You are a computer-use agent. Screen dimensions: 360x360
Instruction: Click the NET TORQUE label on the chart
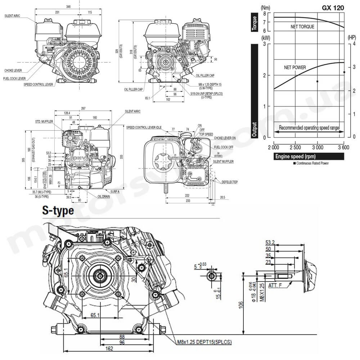302,27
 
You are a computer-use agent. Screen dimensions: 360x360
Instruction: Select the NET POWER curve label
295,67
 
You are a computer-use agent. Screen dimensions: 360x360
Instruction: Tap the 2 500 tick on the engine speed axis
296,147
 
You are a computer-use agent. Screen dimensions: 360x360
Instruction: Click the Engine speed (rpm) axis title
296,157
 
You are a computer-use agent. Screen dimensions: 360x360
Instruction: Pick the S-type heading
58,210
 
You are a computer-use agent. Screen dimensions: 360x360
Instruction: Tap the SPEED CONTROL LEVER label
38,85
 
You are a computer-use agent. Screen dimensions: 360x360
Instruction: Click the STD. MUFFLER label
44,122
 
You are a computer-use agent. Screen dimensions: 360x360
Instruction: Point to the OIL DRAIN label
104,197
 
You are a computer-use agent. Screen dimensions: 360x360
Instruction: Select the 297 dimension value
84,108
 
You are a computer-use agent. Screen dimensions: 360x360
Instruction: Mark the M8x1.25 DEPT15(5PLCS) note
204,342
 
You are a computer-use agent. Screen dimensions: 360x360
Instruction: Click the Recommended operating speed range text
309,128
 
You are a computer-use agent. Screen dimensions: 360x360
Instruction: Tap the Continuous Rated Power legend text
312,163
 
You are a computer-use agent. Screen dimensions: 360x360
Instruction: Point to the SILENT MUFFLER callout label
224,162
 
